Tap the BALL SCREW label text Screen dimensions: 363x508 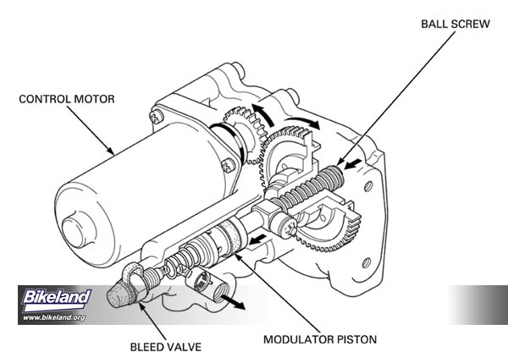[x=455, y=24]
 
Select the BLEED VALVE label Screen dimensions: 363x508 [x=166, y=346]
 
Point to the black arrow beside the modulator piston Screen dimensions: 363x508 [x=257, y=245]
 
